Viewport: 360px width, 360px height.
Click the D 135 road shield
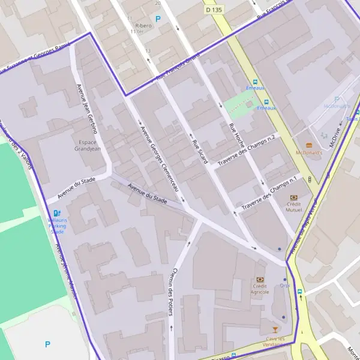(214, 10)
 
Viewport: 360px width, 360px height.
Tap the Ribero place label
(143, 26)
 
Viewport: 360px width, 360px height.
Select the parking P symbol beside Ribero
(158, 19)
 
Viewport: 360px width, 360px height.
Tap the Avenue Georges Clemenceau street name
(159, 158)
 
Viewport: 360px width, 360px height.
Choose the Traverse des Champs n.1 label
(269, 194)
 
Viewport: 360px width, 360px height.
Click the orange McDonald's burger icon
(309, 145)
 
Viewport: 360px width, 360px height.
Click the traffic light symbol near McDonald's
(310, 179)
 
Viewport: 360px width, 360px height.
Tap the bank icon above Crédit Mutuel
(293, 197)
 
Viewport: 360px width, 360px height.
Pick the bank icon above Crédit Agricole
(260, 279)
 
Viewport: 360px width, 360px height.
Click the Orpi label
(284, 286)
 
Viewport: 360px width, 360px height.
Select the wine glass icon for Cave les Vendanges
(275, 329)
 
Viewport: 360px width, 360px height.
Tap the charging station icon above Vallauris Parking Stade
(57, 213)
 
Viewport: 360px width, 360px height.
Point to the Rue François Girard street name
(178, 68)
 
